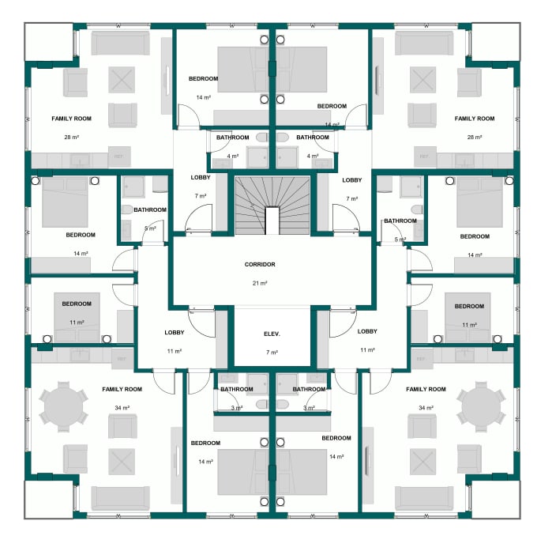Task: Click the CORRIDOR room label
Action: coord(261,265)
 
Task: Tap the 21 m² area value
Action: coord(261,282)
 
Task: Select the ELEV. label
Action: coord(271,334)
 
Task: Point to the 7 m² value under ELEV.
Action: coord(271,352)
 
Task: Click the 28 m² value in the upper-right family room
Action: coord(474,137)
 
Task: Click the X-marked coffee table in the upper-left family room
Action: coord(122,79)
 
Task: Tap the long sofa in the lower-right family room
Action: coord(423,498)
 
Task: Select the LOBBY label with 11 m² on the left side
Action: coord(175,332)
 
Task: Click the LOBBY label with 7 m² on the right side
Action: coord(352,180)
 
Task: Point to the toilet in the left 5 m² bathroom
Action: coord(126,210)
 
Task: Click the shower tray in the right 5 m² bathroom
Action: coord(411,187)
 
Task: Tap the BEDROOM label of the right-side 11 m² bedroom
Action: coord(469,306)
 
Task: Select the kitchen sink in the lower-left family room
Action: coord(80,357)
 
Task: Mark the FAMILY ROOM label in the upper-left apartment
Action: coord(72,119)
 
